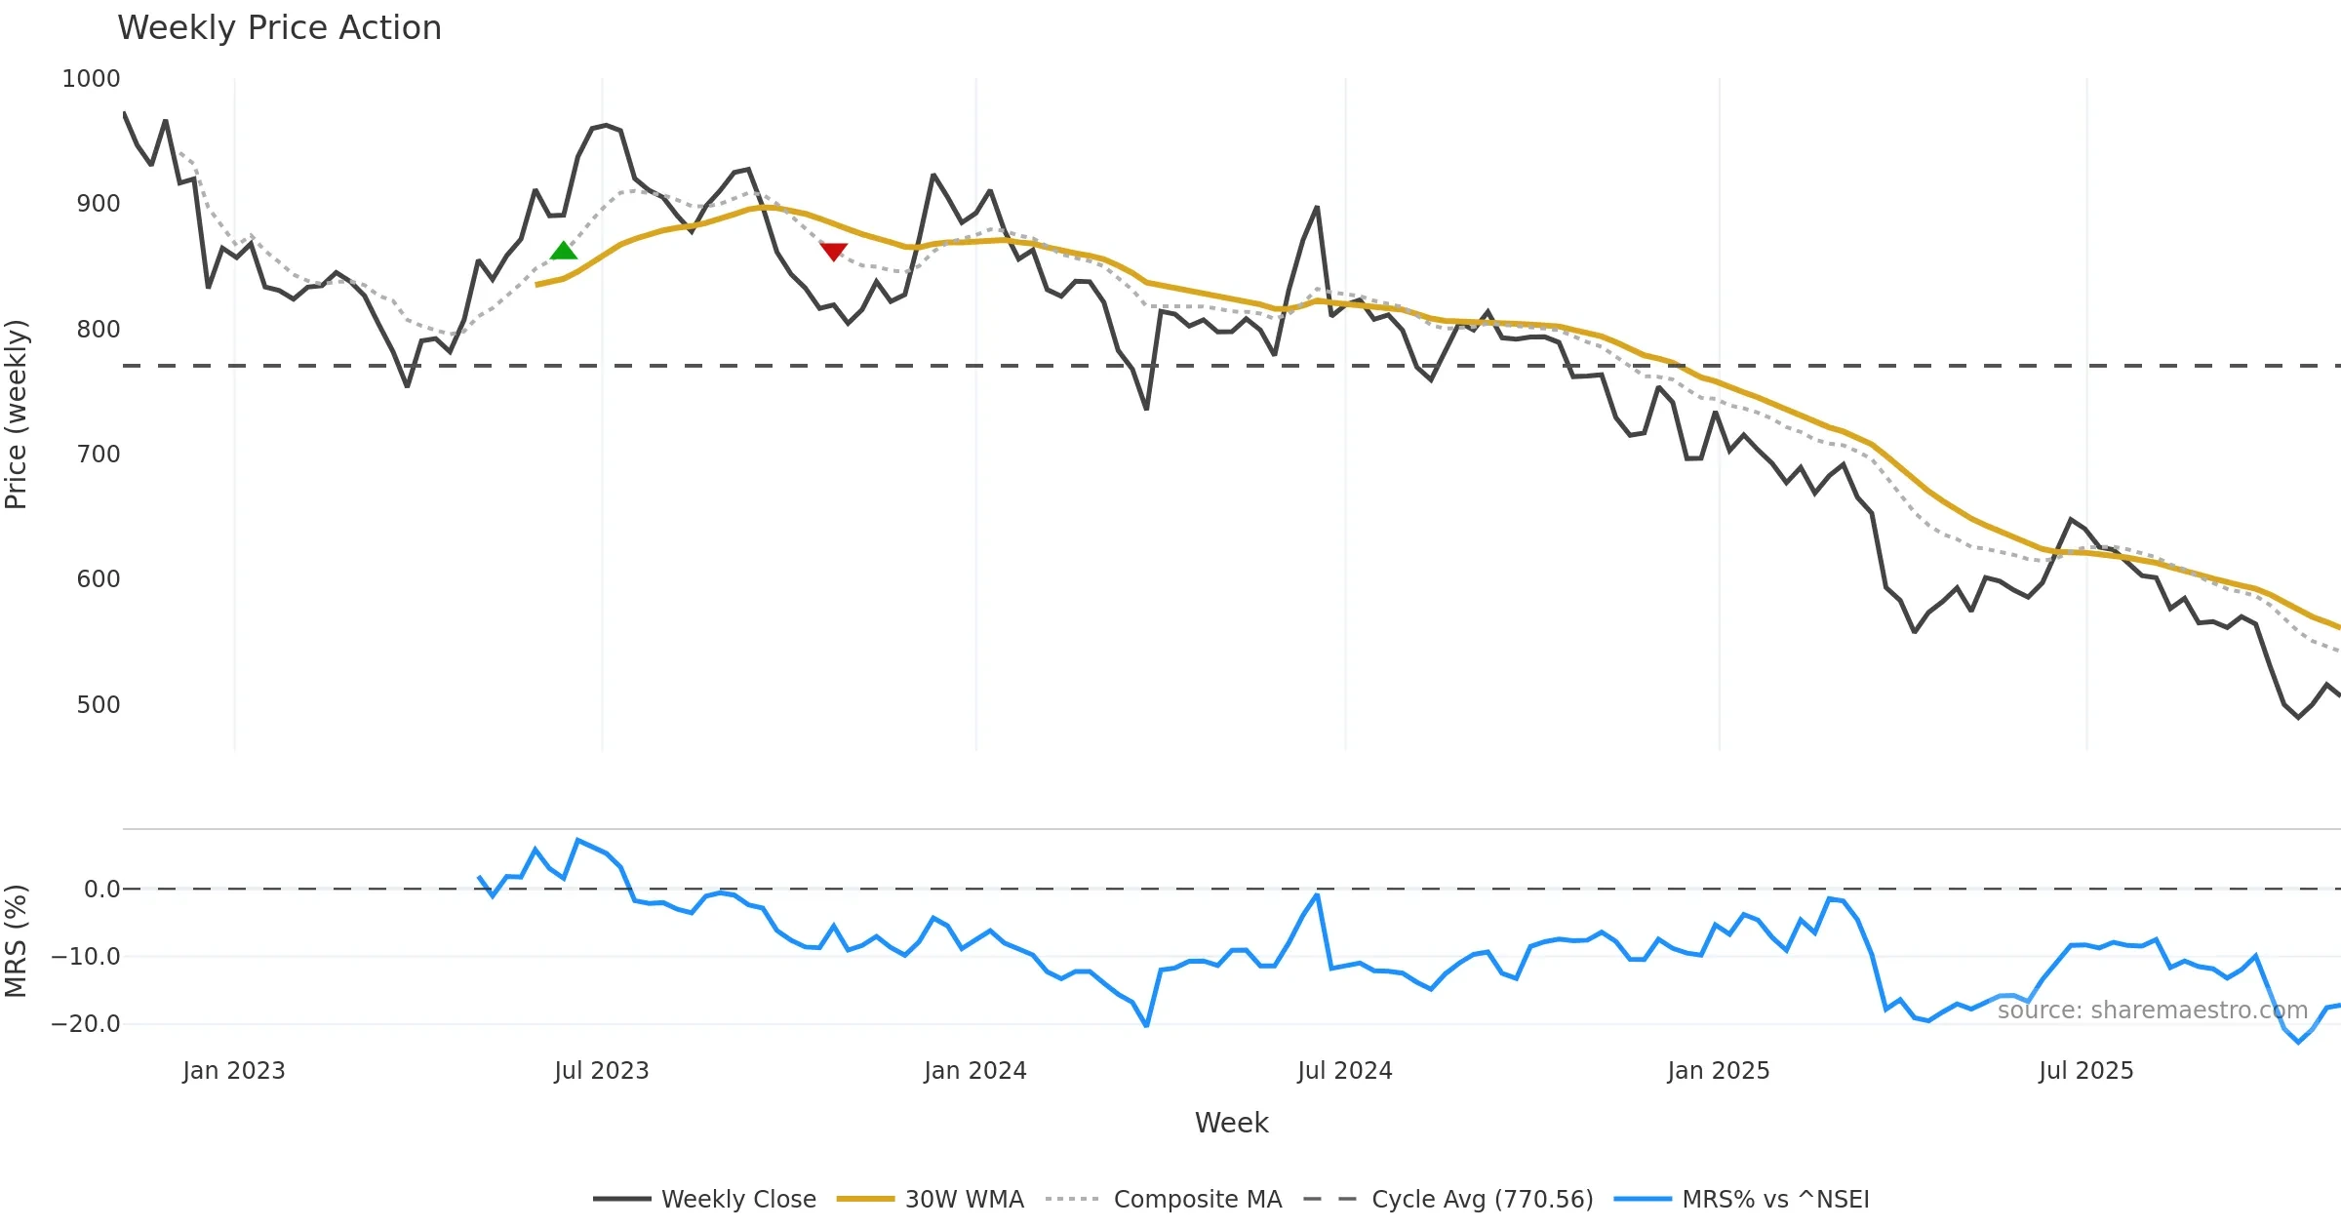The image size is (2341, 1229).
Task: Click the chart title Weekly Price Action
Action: pos(279,28)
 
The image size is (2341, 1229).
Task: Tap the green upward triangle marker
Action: pos(564,252)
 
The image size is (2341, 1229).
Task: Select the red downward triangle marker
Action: pos(833,252)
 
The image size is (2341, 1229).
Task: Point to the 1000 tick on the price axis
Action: pos(91,79)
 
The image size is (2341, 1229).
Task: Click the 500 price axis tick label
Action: pos(98,705)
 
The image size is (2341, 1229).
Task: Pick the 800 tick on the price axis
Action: pos(98,330)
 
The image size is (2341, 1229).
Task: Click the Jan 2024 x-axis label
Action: pos(975,1071)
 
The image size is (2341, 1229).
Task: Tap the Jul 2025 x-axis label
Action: pos(2085,1071)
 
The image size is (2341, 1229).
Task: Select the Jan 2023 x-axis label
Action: pos(234,1071)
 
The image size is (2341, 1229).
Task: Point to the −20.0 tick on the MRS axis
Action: pos(86,1024)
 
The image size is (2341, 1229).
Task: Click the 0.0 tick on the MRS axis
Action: pos(101,890)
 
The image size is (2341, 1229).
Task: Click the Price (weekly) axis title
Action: pos(17,415)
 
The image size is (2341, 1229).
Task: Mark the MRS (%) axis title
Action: pos(17,941)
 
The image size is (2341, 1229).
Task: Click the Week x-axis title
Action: pos(1231,1124)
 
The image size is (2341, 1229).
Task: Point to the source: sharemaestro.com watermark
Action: pos(2152,1011)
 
